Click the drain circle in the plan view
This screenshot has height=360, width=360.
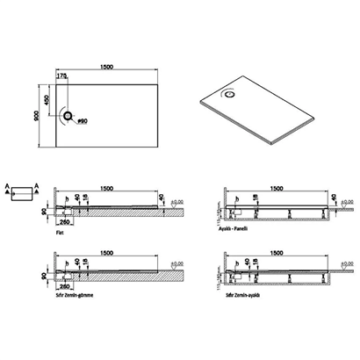68,115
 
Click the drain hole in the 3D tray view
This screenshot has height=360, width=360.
230,90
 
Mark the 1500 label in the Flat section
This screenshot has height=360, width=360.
110,187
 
